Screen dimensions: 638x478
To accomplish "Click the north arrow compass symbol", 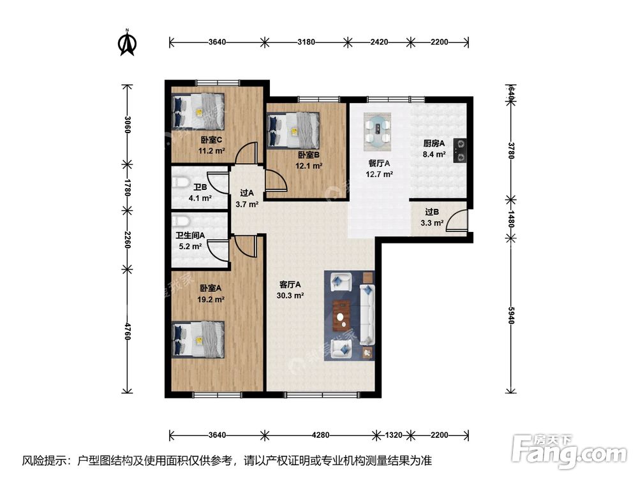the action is (127, 43).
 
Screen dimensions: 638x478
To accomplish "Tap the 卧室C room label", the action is (211, 140).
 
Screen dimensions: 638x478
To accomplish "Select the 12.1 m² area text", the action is (309, 166).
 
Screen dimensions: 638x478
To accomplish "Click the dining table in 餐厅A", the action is (378, 129).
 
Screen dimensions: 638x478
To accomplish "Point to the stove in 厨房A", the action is (460, 150).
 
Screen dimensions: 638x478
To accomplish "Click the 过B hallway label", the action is (432, 212).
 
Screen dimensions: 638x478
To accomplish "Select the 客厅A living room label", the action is (290, 284).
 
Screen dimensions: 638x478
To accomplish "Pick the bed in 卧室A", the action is (198, 340).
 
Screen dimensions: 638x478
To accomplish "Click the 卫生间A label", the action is (190, 235).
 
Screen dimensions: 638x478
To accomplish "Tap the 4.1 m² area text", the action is (200, 198).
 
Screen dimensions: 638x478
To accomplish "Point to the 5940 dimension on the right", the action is (512, 315).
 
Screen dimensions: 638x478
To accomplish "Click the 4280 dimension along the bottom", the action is (320, 435).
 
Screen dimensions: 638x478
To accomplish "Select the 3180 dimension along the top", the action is (306, 42).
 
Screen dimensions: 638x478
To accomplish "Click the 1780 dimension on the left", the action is (128, 187).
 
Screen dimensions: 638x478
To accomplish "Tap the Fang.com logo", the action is (569, 451).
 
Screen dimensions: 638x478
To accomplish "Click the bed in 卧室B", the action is (293, 130).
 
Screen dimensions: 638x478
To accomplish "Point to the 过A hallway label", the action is (246, 193).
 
